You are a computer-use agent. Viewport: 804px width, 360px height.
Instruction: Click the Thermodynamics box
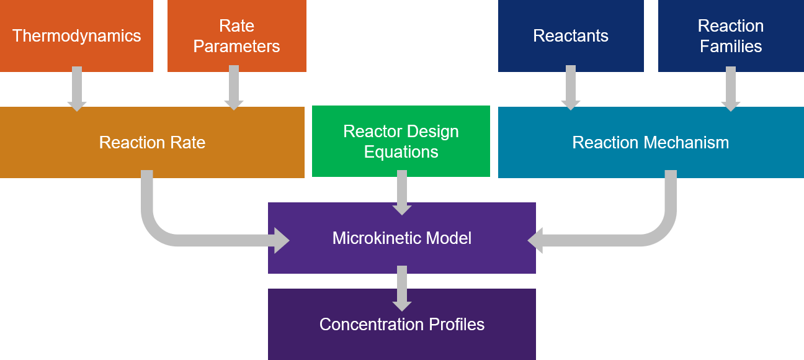pos(76,36)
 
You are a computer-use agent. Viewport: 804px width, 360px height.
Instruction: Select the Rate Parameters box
pos(237,36)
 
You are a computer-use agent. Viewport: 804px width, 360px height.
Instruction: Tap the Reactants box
pos(571,36)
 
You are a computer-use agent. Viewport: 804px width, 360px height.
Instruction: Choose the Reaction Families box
pos(731,36)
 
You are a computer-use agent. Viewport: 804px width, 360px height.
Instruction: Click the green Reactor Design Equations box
pos(401,141)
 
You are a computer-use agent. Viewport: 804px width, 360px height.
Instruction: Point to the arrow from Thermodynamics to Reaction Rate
pos(77,89)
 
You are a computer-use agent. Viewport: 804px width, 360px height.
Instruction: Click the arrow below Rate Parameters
pos(234,88)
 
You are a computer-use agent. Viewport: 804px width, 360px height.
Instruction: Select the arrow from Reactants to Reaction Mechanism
pos(571,88)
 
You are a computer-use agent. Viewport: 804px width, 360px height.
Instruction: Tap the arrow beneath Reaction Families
pos(731,89)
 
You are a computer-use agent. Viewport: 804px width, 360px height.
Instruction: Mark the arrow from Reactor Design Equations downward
pos(402,192)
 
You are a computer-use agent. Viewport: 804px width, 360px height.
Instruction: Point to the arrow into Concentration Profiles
pos(402,289)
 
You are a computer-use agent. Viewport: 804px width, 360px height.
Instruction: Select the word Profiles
pos(457,324)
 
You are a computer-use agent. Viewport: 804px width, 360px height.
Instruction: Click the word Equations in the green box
pos(401,151)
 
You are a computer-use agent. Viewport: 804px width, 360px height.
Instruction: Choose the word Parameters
pos(236,47)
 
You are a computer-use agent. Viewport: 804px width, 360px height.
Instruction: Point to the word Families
pos(731,47)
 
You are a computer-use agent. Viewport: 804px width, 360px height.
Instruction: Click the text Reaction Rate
pos(152,142)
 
